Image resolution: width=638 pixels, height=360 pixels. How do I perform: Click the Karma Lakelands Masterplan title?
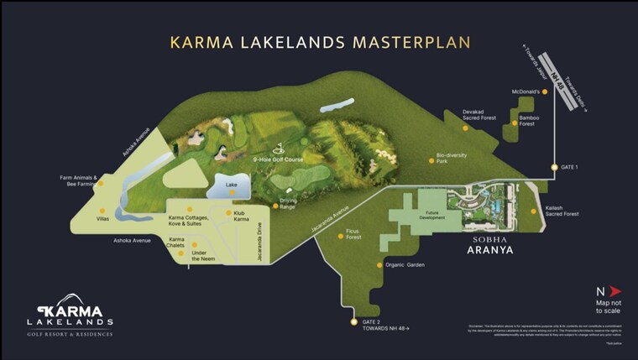click(x=319, y=41)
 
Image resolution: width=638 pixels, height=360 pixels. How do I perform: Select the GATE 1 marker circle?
click(x=554, y=168)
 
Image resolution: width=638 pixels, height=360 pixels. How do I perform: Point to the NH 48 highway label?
click(x=558, y=81)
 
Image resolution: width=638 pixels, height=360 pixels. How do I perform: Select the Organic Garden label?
click(x=405, y=265)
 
